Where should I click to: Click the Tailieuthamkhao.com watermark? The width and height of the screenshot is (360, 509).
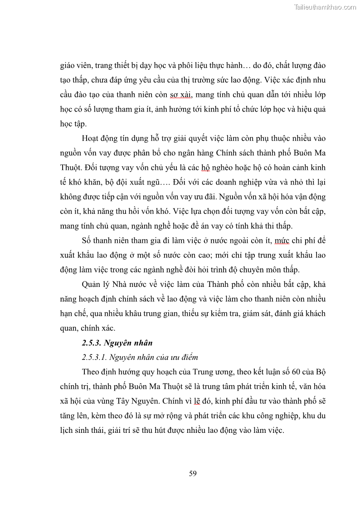click(325, 7)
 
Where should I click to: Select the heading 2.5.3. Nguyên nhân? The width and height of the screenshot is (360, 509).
click(114, 343)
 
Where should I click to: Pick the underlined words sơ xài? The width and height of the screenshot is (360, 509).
click(180, 94)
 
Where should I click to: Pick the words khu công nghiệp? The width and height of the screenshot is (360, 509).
click(265, 416)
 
